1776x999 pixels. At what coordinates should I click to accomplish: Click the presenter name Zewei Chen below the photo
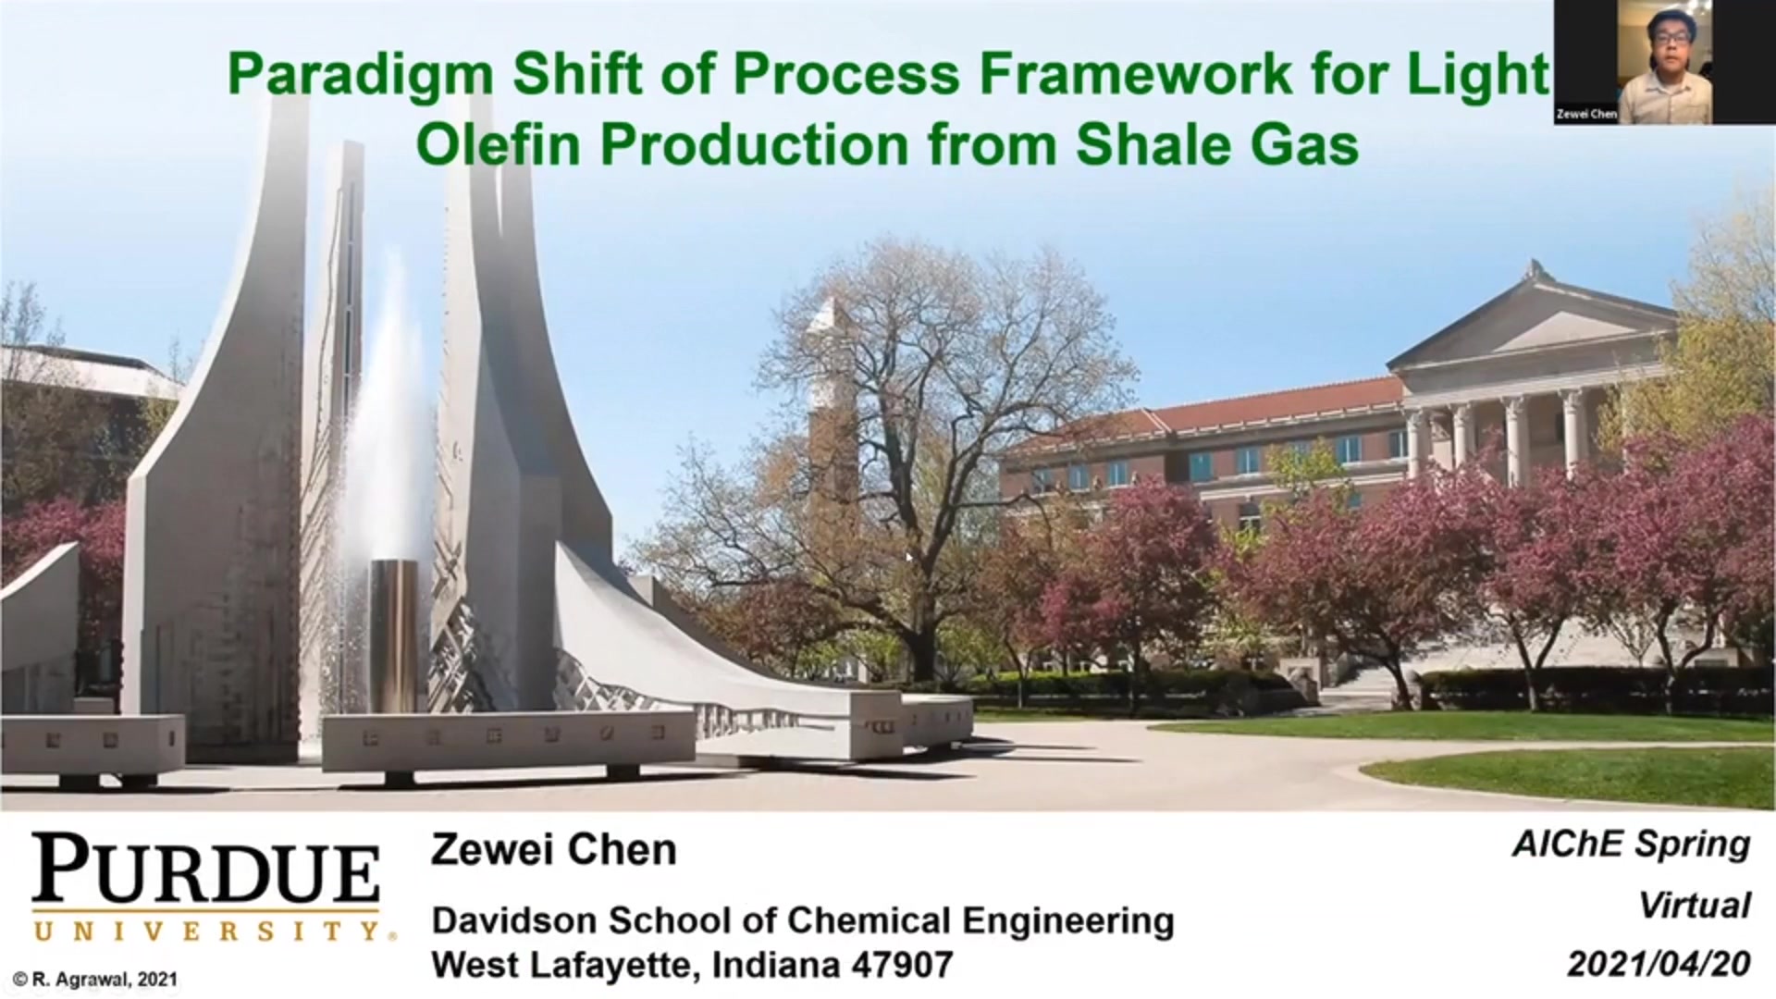click(554, 849)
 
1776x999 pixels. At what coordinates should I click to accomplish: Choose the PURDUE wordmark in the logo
click(206, 869)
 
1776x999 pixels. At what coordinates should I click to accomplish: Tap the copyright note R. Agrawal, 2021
click(95, 979)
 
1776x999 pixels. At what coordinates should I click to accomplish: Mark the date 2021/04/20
click(1659, 965)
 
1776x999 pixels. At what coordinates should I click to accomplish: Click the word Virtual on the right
click(1695, 905)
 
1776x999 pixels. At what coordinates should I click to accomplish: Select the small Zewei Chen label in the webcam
click(1586, 115)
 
